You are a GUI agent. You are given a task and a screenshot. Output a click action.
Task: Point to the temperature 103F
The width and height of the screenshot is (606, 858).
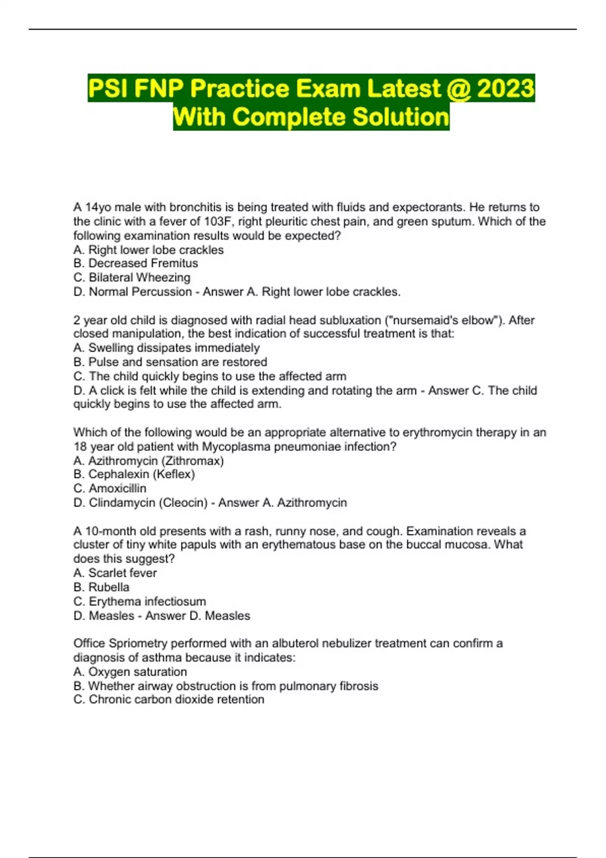pyautogui.click(x=217, y=222)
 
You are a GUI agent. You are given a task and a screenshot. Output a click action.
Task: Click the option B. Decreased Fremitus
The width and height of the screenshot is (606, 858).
pyautogui.click(x=135, y=263)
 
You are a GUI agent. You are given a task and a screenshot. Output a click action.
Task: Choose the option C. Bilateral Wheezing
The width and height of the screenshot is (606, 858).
pyautogui.click(x=132, y=278)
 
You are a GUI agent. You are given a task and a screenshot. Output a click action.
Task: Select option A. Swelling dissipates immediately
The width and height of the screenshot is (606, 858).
pyautogui.click(x=166, y=348)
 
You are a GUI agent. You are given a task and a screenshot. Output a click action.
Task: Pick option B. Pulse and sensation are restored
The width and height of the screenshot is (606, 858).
pyautogui.click(x=170, y=362)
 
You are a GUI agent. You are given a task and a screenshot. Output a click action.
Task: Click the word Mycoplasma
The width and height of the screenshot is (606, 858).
pyautogui.click(x=236, y=447)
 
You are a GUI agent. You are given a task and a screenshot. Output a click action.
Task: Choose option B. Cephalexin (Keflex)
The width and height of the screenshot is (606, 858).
pyautogui.click(x=134, y=474)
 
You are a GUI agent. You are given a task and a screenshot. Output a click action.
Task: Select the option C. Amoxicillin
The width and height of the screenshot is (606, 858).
pyautogui.click(x=110, y=489)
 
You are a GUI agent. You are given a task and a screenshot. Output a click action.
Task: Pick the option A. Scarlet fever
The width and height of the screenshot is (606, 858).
pyautogui.click(x=115, y=573)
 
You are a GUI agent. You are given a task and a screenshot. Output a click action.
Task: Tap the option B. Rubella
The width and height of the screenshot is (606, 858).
pyautogui.click(x=101, y=587)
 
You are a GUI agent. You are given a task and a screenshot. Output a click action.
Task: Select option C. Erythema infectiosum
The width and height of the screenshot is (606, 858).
pyautogui.click(x=139, y=602)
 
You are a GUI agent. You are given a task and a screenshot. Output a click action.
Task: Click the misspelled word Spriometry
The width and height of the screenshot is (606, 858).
pyautogui.click(x=138, y=644)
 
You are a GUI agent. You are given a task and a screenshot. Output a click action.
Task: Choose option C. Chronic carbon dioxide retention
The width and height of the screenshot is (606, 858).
pyautogui.click(x=169, y=700)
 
